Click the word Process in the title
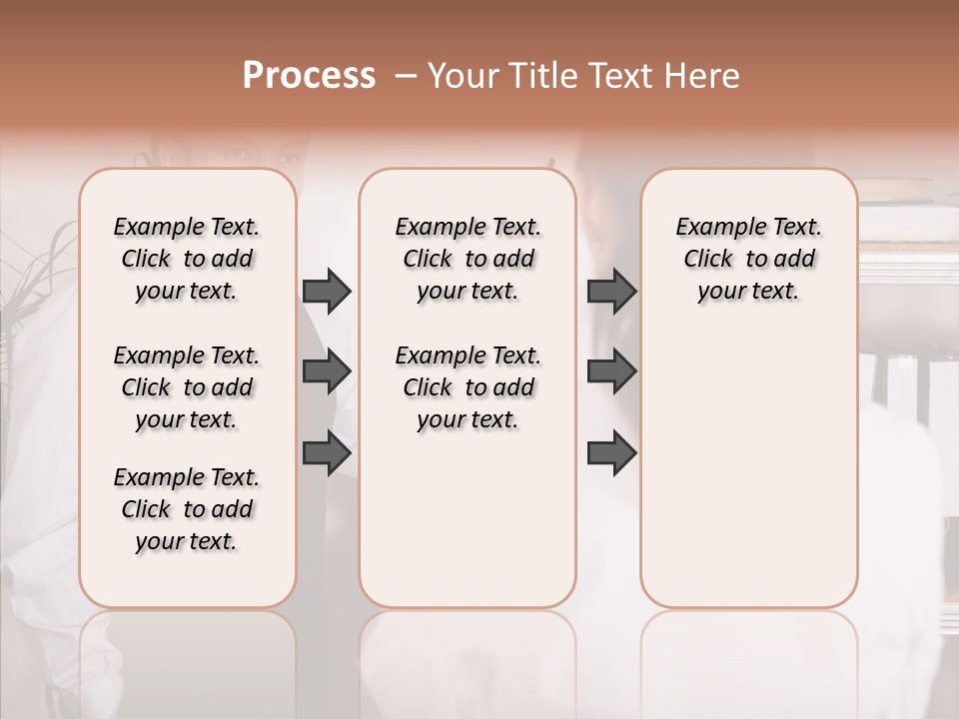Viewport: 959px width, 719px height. click(x=309, y=76)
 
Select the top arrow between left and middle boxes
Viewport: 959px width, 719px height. click(x=327, y=291)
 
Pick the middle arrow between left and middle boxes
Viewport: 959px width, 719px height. click(x=327, y=372)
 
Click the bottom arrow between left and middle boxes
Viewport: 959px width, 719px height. click(x=327, y=454)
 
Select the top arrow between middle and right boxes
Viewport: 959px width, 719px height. click(x=611, y=291)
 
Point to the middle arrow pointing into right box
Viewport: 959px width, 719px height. click(x=611, y=372)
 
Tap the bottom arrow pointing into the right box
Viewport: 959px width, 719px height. click(x=611, y=454)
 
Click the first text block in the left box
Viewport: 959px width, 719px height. click(x=187, y=259)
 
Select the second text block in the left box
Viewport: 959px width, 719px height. click(x=187, y=387)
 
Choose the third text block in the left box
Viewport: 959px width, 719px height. click(x=187, y=509)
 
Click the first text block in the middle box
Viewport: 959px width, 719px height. click(x=468, y=259)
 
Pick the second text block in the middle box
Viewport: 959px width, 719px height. click(x=468, y=387)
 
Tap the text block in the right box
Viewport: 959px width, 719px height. click(x=748, y=259)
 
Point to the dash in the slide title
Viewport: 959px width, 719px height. click(x=406, y=76)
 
